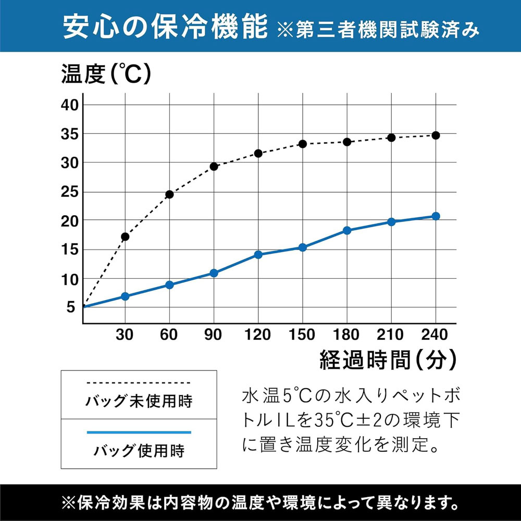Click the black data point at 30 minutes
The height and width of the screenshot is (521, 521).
point(125,237)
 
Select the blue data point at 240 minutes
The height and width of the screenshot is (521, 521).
point(436,216)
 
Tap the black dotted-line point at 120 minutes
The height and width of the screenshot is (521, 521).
point(258,153)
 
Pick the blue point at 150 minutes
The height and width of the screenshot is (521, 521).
point(302,247)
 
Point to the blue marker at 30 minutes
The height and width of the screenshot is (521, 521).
point(125,296)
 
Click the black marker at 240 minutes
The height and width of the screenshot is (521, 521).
point(436,135)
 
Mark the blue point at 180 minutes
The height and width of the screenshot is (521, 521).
point(347,230)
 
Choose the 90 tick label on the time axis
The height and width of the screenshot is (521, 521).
point(214,334)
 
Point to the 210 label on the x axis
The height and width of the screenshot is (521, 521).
point(391,334)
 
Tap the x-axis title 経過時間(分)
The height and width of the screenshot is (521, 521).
point(388,359)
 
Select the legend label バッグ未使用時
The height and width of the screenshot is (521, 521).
point(139,402)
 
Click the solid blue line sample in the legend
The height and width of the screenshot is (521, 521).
point(139,432)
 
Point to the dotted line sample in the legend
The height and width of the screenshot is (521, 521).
point(139,383)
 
